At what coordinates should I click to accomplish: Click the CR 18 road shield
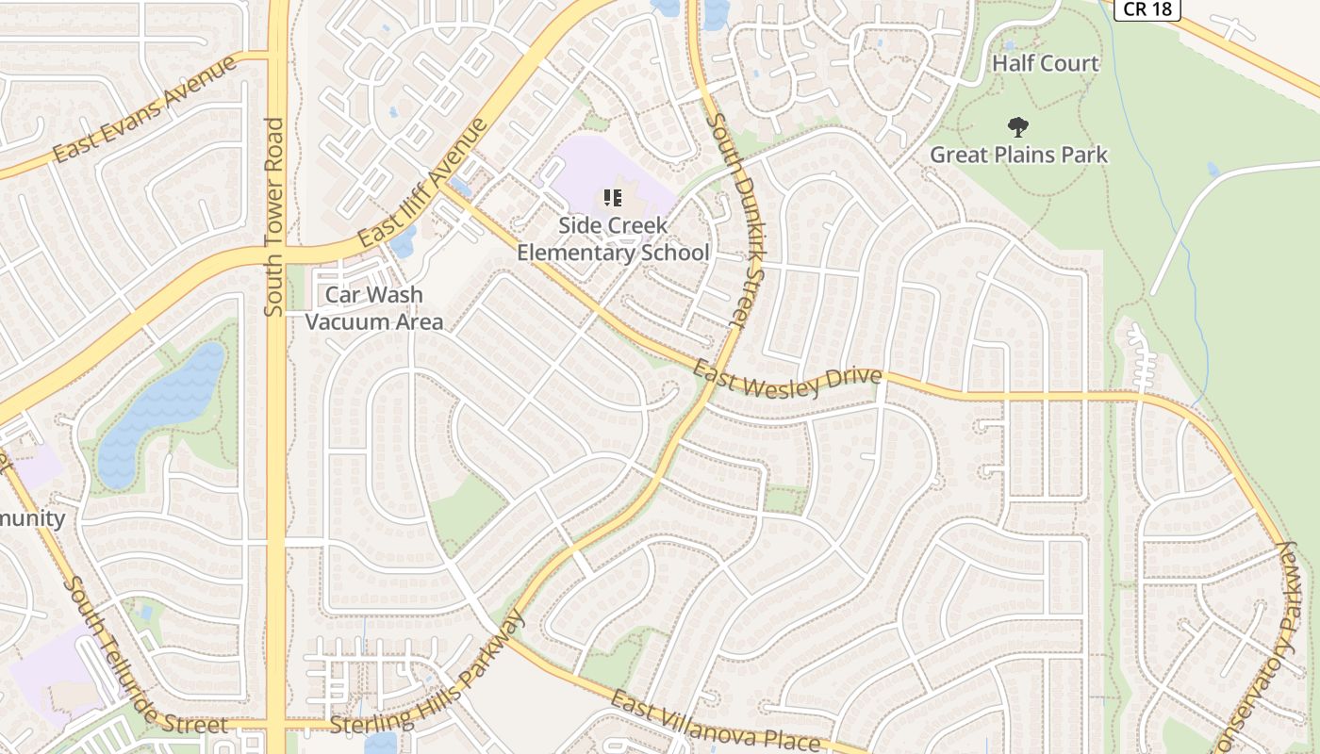click(x=1147, y=8)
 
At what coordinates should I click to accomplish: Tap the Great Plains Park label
click(x=1018, y=155)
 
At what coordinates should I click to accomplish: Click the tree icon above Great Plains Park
click(x=1017, y=126)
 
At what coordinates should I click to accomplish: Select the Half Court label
click(x=1046, y=64)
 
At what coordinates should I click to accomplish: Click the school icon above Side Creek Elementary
click(x=613, y=198)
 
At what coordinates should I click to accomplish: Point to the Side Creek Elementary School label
click(x=613, y=239)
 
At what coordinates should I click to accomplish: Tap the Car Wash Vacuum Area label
click(x=374, y=308)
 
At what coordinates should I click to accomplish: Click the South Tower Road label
click(x=274, y=217)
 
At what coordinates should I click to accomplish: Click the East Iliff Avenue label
click(x=422, y=185)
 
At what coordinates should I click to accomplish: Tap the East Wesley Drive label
click(x=787, y=378)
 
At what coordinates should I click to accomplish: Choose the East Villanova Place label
click(x=722, y=724)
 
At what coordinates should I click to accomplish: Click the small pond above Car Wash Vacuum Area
click(x=403, y=242)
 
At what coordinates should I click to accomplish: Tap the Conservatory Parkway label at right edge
click(x=1282, y=641)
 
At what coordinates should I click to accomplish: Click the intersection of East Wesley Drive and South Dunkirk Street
click(x=717, y=369)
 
